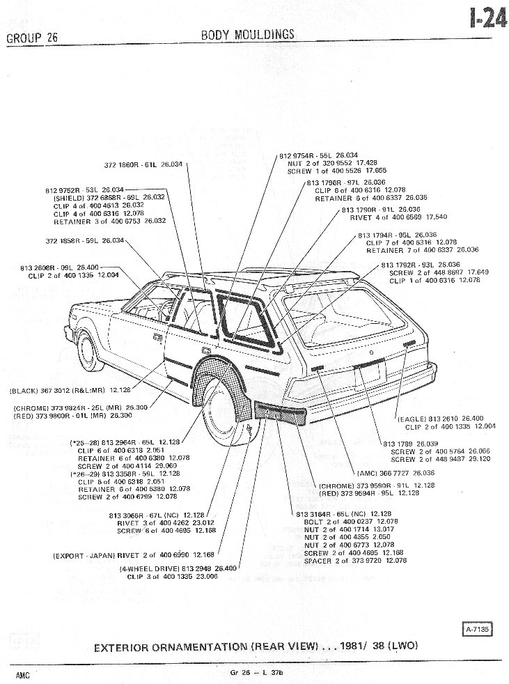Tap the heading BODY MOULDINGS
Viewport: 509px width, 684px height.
(x=247, y=35)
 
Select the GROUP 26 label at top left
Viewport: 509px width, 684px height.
(x=31, y=38)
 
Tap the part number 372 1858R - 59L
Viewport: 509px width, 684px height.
(x=84, y=241)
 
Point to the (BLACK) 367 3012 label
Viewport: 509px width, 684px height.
(x=70, y=389)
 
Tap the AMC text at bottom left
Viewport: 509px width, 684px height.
(x=24, y=676)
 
